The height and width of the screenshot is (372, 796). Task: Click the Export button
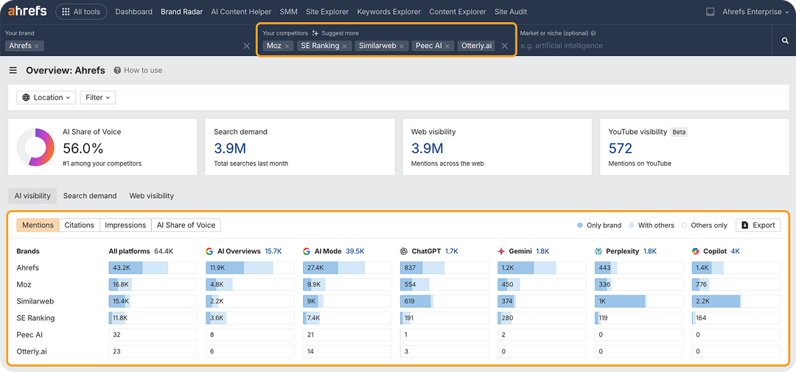tap(758, 225)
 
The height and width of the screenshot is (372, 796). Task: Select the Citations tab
tap(79, 225)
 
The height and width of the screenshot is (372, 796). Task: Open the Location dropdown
tap(46, 97)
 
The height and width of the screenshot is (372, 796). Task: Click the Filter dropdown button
tap(98, 97)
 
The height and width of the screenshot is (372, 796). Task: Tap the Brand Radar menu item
tap(181, 12)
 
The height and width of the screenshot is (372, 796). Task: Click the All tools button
tap(81, 12)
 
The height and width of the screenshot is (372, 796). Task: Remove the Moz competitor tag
tap(287, 46)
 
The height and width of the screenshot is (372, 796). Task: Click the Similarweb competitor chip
tap(377, 46)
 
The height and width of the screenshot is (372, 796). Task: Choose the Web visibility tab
tap(151, 196)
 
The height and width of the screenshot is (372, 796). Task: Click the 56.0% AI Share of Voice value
tap(83, 148)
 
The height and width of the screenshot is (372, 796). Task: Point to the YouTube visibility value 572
tap(621, 148)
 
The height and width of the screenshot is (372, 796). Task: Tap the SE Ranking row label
tap(35, 318)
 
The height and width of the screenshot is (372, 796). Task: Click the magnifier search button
tap(785, 41)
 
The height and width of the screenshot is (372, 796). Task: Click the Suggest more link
tap(335, 33)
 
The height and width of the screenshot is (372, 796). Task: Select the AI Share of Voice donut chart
tap(35, 147)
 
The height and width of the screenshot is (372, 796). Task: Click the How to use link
tap(138, 71)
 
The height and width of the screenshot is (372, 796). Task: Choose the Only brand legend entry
tap(601, 225)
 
